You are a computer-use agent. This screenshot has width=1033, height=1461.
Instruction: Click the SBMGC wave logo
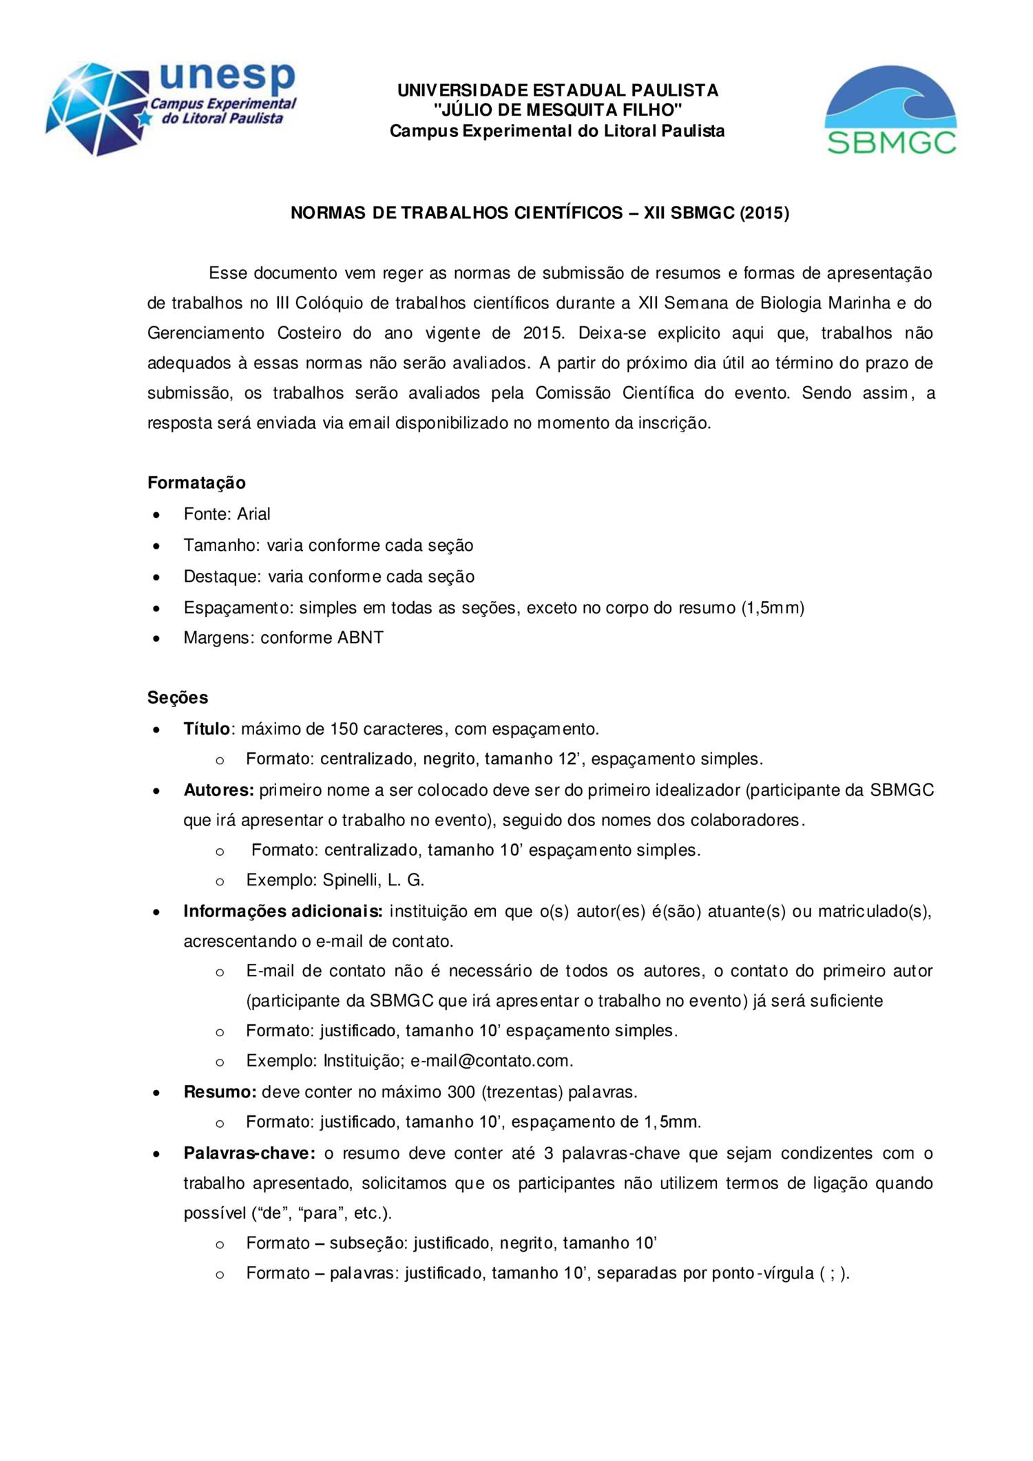coord(891,110)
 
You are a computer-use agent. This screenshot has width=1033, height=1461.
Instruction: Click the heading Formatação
coord(196,483)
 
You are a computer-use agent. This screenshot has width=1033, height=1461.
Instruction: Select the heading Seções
coord(178,697)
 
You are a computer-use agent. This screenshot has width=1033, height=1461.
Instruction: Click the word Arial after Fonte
coord(253,514)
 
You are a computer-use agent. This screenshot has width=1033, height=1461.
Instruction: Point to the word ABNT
coord(360,638)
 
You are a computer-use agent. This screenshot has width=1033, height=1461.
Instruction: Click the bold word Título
coord(206,728)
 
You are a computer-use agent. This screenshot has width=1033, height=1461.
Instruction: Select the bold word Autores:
coord(219,790)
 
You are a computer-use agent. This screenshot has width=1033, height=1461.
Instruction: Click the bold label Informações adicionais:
coord(283,911)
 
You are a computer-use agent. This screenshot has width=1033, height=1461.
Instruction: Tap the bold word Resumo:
coord(220,1091)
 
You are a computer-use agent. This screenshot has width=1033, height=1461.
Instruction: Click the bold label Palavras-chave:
coord(249,1153)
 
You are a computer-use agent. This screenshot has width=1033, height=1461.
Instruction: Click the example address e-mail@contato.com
coord(491,1060)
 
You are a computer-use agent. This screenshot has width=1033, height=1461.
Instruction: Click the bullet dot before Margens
coord(158,638)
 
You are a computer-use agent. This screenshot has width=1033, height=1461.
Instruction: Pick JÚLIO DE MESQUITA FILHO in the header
coord(558,110)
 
